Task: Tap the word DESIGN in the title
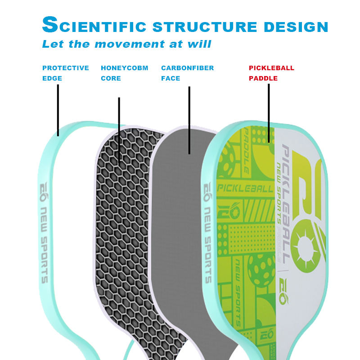point(296,26)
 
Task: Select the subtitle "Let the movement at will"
point(126,44)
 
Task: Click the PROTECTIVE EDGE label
point(65,73)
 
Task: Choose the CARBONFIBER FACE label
point(187,73)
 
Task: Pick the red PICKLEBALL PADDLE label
point(271,73)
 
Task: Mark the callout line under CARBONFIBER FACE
point(189,119)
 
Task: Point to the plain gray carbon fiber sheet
point(180,225)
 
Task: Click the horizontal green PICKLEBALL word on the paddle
point(245,188)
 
